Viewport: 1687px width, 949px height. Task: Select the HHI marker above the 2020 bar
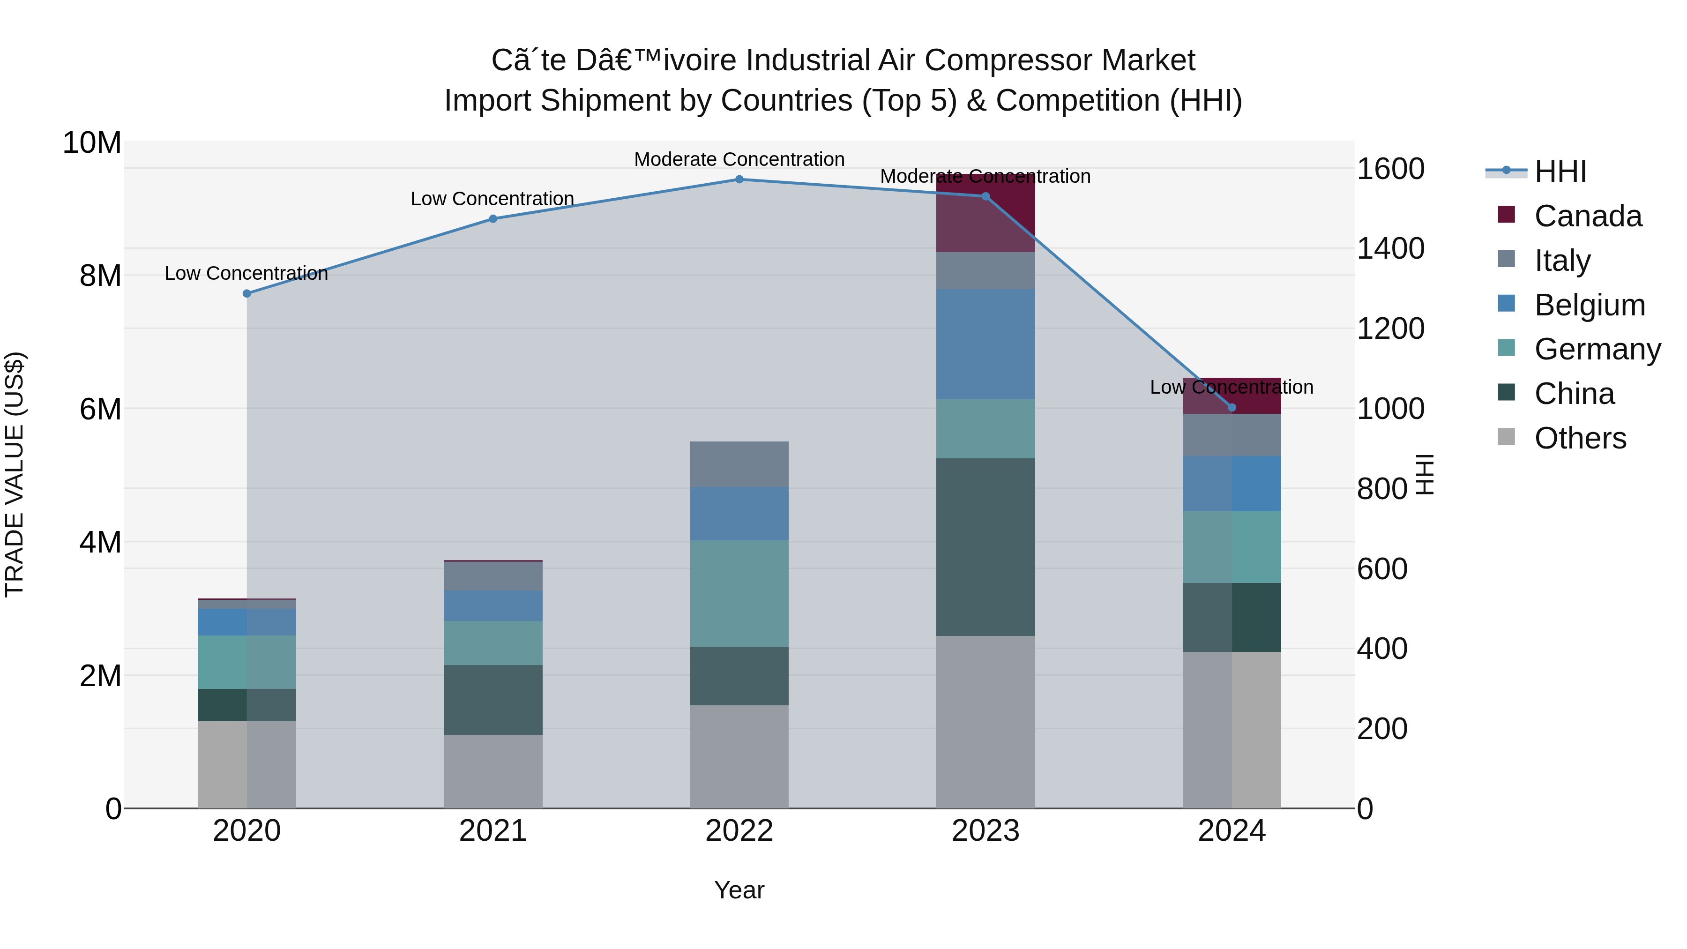(247, 293)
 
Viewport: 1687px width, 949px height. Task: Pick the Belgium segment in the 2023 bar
(985, 344)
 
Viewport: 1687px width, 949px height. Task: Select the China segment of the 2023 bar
(985, 546)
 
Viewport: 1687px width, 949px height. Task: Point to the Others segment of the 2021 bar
(493, 771)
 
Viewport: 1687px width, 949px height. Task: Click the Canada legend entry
(1588, 216)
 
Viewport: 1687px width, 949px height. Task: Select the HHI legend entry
(1560, 172)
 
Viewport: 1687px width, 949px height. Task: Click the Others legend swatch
(1506, 437)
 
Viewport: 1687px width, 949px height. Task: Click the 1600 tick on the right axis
(1390, 169)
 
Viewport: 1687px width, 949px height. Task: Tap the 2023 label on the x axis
(985, 831)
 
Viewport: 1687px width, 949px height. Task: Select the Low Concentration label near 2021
(492, 198)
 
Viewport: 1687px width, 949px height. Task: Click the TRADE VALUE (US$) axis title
(15, 474)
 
